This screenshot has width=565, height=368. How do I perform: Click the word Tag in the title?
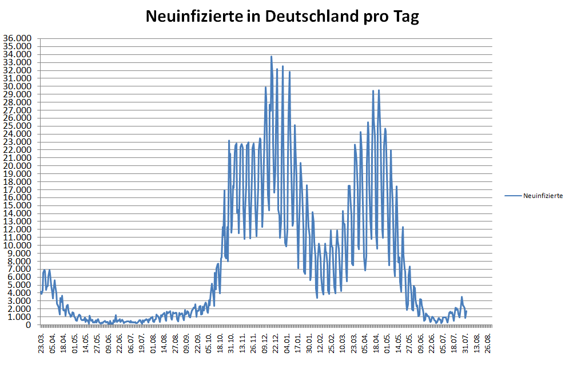tap(405, 17)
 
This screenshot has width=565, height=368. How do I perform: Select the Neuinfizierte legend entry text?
tap(543, 196)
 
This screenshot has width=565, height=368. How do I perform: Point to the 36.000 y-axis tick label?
tap(17, 39)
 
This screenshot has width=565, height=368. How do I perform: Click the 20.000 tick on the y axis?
tap(17, 166)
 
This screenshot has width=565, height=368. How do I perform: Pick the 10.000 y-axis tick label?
tap(17, 246)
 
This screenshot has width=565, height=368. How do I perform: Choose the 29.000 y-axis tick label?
tap(17, 94)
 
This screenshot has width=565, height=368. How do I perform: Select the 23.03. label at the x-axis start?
tap(42, 342)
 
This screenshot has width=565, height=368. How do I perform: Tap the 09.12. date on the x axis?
tap(265, 342)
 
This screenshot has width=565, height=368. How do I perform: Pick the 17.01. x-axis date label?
tap(298, 342)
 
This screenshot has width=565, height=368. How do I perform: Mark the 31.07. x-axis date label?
tap(465, 342)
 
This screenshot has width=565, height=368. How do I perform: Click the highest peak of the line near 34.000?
tap(271, 57)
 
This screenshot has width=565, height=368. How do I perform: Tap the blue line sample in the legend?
tap(513, 196)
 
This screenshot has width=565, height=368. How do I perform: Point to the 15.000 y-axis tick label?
tap(17, 205)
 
